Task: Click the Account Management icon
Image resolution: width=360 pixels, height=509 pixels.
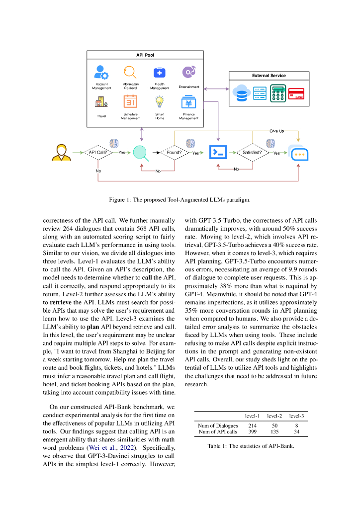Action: tap(101, 73)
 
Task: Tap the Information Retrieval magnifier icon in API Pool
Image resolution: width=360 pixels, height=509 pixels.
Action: tap(130, 73)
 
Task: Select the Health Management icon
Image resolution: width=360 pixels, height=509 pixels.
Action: tap(159, 73)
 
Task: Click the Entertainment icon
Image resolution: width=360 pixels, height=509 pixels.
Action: tap(188, 73)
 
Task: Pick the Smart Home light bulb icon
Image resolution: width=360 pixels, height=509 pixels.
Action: tap(159, 102)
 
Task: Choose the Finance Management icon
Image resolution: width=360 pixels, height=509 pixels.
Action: tap(188, 102)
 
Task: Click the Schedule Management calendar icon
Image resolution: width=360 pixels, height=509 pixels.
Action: tap(130, 102)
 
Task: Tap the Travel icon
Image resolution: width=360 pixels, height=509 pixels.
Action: tap(101, 102)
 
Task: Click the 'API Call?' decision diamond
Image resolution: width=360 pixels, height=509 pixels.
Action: tap(98, 153)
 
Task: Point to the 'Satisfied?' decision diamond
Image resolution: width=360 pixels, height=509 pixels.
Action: tap(251, 153)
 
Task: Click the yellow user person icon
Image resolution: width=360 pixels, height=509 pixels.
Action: tap(61, 153)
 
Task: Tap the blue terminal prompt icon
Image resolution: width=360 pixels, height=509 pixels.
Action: tap(217, 153)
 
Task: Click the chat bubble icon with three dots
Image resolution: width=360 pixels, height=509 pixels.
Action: tap(298, 153)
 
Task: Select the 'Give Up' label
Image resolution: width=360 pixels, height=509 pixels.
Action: tap(276, 131)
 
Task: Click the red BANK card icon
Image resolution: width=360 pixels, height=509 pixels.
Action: tap(296, 93)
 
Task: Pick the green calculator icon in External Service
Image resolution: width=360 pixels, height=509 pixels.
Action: tap(277, 93)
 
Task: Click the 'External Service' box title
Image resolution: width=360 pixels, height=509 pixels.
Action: tap(269, 76)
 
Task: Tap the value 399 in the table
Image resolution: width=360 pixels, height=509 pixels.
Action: tap(252, 432)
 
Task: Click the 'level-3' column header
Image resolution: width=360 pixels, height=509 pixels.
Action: tap(296, 415)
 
